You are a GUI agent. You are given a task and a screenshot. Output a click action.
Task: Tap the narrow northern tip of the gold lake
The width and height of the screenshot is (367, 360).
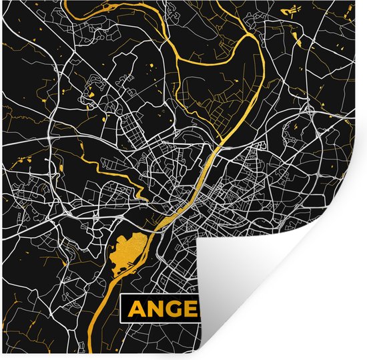tap(155, 230)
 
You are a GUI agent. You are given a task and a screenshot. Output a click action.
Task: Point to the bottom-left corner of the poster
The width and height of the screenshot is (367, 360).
tap(1, 358)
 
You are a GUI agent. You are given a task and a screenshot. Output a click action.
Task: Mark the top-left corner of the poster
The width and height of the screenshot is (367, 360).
tap(1, 1)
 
